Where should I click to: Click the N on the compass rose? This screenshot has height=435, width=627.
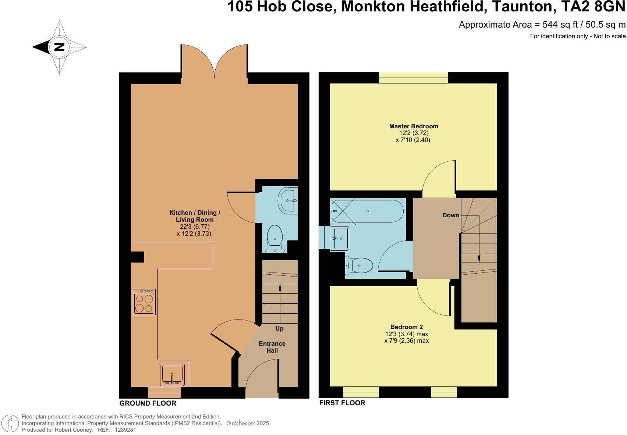59,47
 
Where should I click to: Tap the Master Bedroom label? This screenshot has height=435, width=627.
414,126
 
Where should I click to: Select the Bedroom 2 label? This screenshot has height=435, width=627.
406,327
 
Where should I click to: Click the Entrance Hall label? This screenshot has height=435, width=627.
272,347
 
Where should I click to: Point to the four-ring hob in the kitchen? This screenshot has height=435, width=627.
144,302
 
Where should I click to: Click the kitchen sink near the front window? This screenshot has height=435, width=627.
172,375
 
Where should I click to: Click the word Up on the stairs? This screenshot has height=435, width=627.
279,328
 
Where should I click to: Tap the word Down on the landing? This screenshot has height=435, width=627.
450,215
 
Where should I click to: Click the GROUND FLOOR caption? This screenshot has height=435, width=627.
148,403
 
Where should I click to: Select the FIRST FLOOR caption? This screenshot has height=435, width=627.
342,403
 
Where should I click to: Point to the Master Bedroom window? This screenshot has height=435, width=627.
414,78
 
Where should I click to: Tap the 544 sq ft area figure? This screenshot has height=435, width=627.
552,25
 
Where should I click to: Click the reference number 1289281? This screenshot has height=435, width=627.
125,429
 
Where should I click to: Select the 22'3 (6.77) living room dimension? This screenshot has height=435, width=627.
195,227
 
